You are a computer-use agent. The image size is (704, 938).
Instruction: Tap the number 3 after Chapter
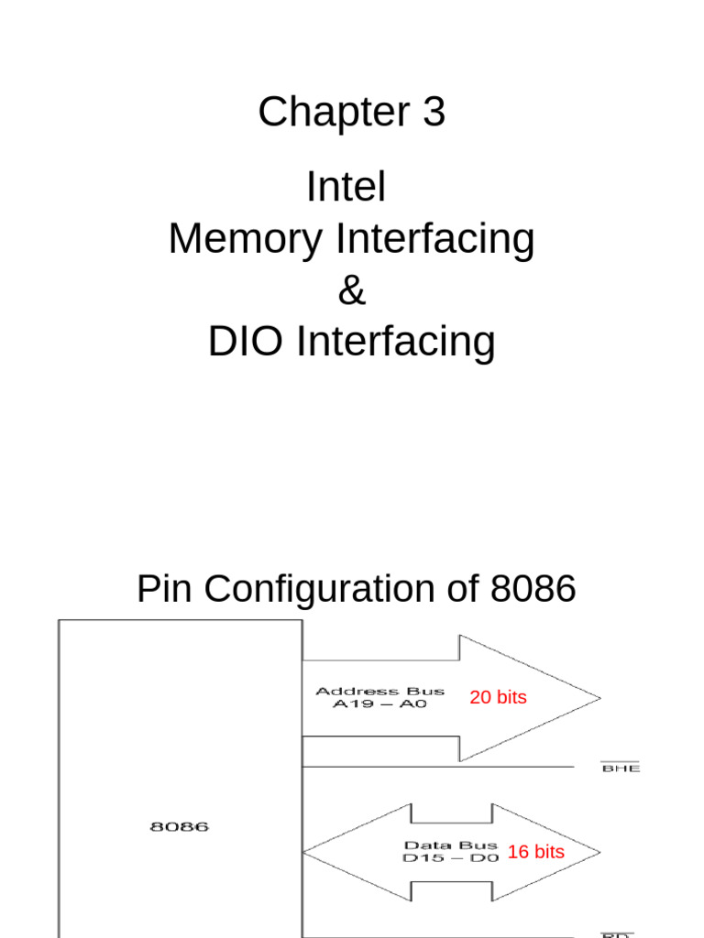click(x=434, y=113)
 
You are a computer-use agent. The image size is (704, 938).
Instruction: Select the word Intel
click(x=346, y=188)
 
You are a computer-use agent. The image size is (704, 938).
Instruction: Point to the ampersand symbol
click(x=351, y=290)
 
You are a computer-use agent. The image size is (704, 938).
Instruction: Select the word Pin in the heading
click(x=165, y=590)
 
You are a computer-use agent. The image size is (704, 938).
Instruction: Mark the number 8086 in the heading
click(x=533, y=590)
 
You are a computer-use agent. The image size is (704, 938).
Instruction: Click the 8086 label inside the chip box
click(x=179, y=826)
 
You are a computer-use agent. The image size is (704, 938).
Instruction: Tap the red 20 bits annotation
click(x=498, y=698)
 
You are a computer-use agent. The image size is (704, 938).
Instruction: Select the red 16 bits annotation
click(x=535, y=852)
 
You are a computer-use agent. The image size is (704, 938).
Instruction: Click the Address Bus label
click(x=379, y=691)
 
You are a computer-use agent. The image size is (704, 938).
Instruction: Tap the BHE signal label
click(x=620, y=769)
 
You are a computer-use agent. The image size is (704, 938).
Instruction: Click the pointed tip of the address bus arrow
click(x=599, y=699)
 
